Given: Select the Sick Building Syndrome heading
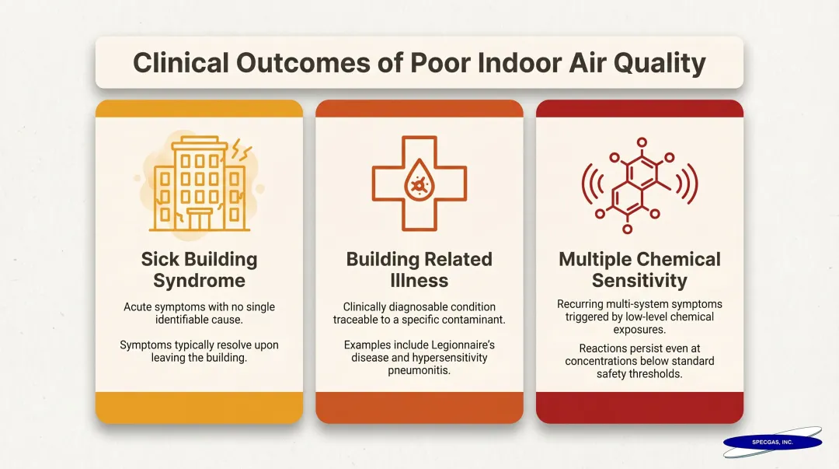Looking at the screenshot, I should [199, 270].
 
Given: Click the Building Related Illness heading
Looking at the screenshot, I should [419, 270].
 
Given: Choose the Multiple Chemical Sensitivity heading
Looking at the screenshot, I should [639, 270].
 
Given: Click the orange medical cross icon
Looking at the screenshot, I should [419, 184].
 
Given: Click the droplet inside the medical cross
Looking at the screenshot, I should [419, 184].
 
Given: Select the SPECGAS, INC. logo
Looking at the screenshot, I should [772, 442].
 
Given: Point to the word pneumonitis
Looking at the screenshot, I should [419, 371].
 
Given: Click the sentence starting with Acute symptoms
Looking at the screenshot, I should [199, 313].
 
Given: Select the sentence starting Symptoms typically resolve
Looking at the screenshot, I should [199, 351].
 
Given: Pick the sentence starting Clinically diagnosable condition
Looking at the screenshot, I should [419, 313].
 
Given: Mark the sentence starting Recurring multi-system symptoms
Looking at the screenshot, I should [639, 317].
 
